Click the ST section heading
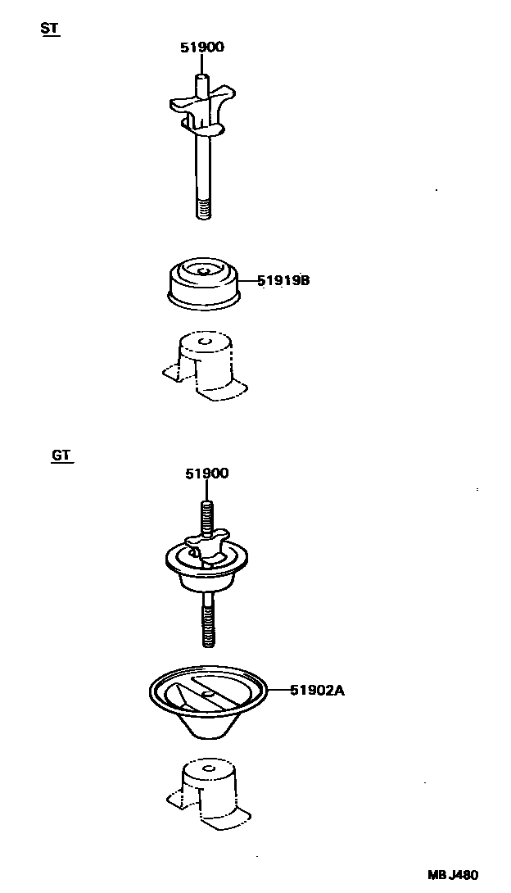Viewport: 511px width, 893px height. pos(48,28)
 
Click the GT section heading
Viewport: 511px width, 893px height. pos(61,455)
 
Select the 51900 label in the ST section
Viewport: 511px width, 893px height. pos(201,48)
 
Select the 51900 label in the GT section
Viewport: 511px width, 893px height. pos(206,474)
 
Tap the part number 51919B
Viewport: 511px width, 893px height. pos(283,281)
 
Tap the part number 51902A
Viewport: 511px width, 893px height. pos(317,691)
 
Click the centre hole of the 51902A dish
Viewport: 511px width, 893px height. pos(209,693)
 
